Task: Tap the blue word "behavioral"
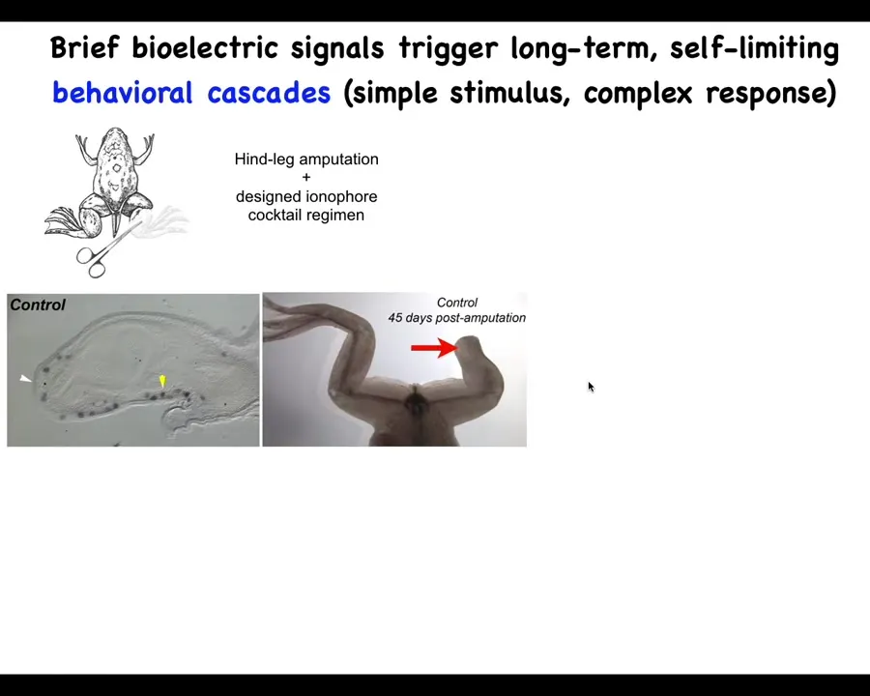pyautogui.click(x=123, y=92)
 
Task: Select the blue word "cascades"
pyautogui.click(x=269, y=92)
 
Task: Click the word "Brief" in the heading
pyautogui.click(x=84, y=47)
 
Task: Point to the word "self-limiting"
pyautogui.click(x=754, y=49)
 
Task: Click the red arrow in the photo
pyautogui.click(x=434, y=348)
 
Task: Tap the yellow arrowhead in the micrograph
pyautogui.click(x=162, y=381)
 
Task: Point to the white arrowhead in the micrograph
pyautogui.click(x=25, y=379)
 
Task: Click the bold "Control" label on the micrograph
pyautogui.click(x=38, y=304)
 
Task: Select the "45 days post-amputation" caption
pyautogui.click(x=456, y=318)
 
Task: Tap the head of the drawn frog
pyautogui.click(x=115, y=139)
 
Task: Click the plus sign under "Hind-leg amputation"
pyautogui.click(x=306, y=178)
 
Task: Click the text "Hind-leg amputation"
pyautogui.click(x=306, y=159)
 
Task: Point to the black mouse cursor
pyautogui.click(x=591, y=387)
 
